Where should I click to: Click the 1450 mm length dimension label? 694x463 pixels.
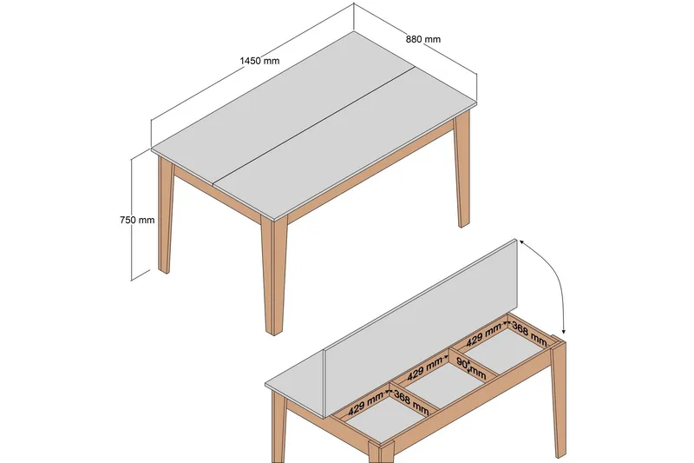point(260,61)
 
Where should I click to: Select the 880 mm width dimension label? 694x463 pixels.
point(423,38)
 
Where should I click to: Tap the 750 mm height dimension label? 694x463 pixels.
point(137,220)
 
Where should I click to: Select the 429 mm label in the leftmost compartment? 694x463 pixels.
point(366,404)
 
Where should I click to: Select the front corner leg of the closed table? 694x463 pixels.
point(272,278)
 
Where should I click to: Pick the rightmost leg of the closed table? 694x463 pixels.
point(462,174)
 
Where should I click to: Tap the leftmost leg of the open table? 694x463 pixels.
point(279,430)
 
